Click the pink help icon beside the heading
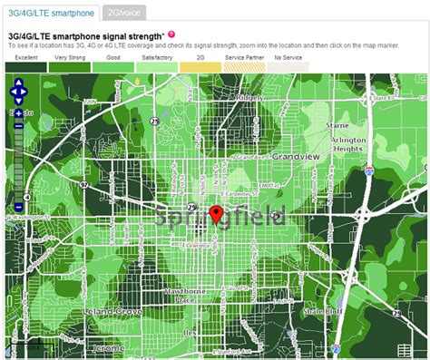(x=171, y=34)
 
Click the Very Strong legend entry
(x=70, y=63)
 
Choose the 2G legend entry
(x=200, y=63)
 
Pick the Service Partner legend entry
(x=244, y=63)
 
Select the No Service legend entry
(x=288, y=63)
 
